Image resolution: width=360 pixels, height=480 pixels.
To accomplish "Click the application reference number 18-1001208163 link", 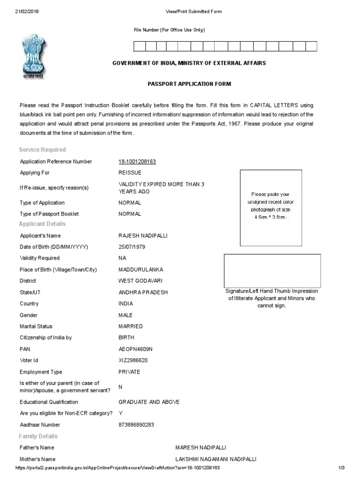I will click(x=137, y=162).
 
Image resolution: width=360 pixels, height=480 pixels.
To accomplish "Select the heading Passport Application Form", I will click(x=190, y=84).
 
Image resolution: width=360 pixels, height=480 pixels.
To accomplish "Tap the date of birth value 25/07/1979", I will click(x=132, y=247).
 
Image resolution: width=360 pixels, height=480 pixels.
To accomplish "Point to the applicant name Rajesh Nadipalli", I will click(x=143, y=236).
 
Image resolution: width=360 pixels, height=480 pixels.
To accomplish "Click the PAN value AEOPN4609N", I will click(x=136, y=349).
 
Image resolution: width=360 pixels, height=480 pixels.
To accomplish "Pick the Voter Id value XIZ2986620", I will click(x=134, y=360).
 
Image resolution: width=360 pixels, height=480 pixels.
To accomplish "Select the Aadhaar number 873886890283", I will click(x=136, y=425).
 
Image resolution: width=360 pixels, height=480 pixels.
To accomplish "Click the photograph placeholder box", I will click(x=270, y=208).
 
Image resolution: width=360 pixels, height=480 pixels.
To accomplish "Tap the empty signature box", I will click(x=272, y=270).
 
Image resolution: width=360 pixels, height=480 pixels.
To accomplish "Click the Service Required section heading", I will click(x=42, y=150).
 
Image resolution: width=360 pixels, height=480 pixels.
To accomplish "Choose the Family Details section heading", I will click(x=38, y=436).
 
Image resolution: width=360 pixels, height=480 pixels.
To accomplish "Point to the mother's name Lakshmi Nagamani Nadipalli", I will click(x=216, y=459).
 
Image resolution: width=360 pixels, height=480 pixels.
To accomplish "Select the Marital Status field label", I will click(x=36, y=327).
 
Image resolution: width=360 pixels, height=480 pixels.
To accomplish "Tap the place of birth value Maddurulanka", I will click(x=140, y=270).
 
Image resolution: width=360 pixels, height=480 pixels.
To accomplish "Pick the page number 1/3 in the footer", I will click(x=341, y=468).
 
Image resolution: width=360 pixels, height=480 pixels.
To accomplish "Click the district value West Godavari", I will click(x=141, y=281).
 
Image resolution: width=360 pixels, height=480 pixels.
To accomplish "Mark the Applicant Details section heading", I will click(x=42, y=224).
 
